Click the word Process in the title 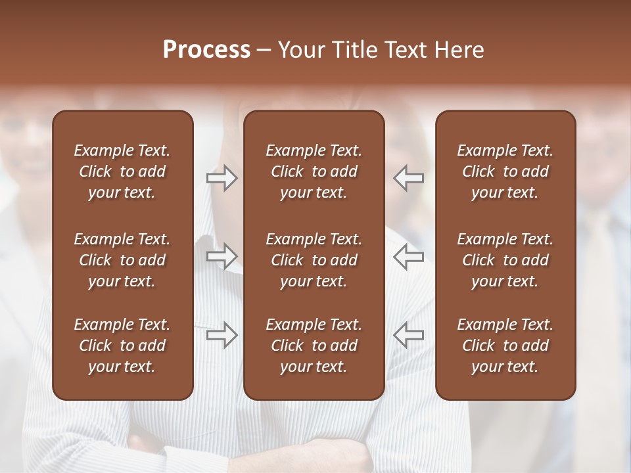[x=206, y=49]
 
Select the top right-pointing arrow [x=222, y=178]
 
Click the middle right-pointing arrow [x=222, y=256]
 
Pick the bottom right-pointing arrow [x=222, y=335]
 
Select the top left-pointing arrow [x=408, y=178]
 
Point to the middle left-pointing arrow [x=408, y=256]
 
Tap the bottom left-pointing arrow [x=408, y=335]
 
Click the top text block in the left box [x=122, y=171]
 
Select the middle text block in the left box [x=122, y=260]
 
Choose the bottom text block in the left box [x=122, y=346]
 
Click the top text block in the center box [x=314, y=171]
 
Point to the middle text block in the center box [x=314, y=260]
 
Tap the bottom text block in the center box [x=314, y=346]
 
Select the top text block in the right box [x=505, y=171]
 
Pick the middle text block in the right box [x=505, y=260]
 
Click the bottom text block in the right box [x=505, y=346]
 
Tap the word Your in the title [x=301, y=49]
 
